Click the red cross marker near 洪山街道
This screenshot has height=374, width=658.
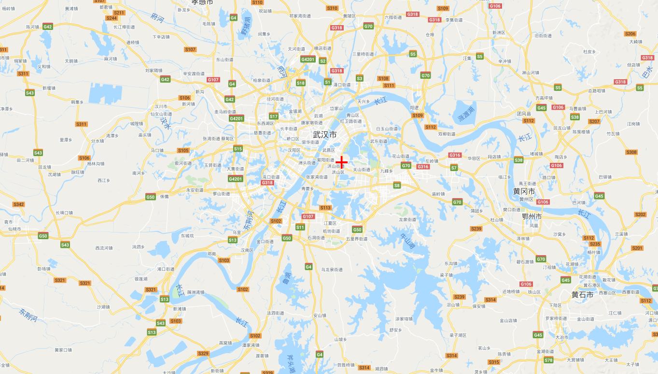pyautogui.click(x=342, y=161)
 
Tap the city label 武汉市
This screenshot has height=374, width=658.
pyautogui.click(x=325, y=135)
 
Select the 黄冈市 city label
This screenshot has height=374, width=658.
pyautogui.click(x=523, y=191)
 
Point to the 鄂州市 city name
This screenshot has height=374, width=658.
pyautogui.click(x=532, y=216)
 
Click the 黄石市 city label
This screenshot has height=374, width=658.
pyautogui.click(x=582, y=294)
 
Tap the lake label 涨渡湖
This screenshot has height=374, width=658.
pyautogui.click(x=466, y=115)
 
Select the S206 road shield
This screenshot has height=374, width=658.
pyautogui.click(x=630, y=34)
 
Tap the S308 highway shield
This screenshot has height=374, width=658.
pyautogui.click(x=631, y=152)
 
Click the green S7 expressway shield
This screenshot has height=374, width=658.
pyautogui.click(x=454, y=168)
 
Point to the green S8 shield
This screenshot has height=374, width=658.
pyautogui.click(x=397, y=186)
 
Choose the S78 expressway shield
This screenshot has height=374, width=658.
pyautogui.click(x=548, y=360)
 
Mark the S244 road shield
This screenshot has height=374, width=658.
pyautogui.click(x=112, y=18)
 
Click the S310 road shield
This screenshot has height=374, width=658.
pyautogui.click(x=332, y=8)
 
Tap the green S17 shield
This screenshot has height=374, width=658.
pyautogui.click(x=274, y=116)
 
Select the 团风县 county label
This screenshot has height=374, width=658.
pyautogui.click(x=524, y=114)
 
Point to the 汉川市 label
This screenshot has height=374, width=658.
pyautogui.click(x=161, y=106)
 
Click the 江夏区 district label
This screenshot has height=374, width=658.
pyautogui.click(x=330, y=223)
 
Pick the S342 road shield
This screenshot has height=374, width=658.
pyautogui.click(x=18, y=204)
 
